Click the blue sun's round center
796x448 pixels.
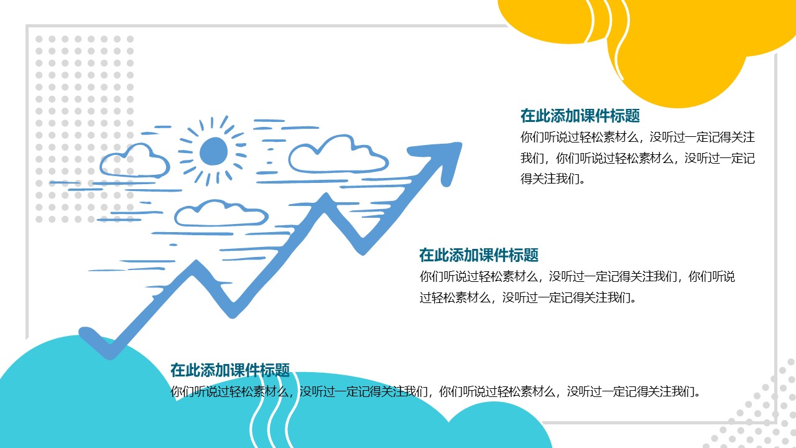[213, 151]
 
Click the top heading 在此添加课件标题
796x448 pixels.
[580, 116]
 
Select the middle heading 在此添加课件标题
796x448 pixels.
[478, 255]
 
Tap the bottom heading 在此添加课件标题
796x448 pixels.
[230, 370]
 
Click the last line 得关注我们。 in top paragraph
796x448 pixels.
[553, 179]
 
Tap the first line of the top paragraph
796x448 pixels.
[637, 137]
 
